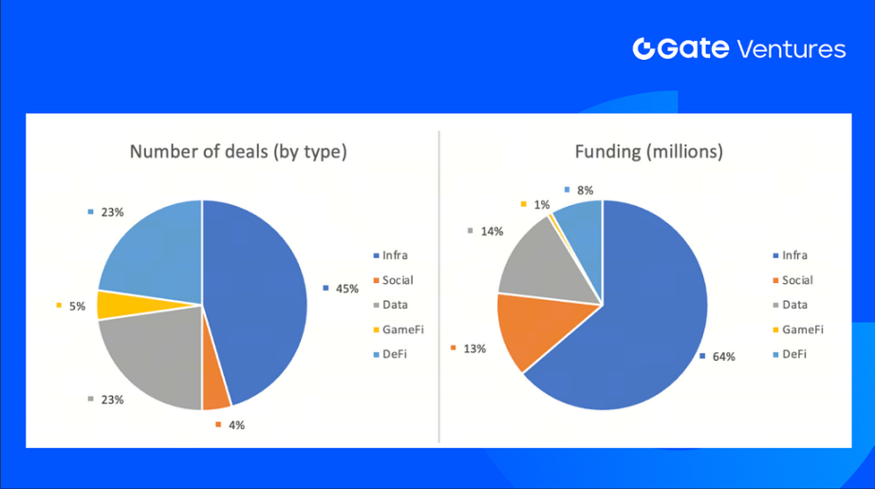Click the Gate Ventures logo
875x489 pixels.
click(x=738, y=49)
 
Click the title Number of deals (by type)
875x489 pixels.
click(x=238, y=152)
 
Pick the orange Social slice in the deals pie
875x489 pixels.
click(x=215, y=389)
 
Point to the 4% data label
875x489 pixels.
click(x=233, y=424)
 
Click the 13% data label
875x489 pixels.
click(x=475, y=348)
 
